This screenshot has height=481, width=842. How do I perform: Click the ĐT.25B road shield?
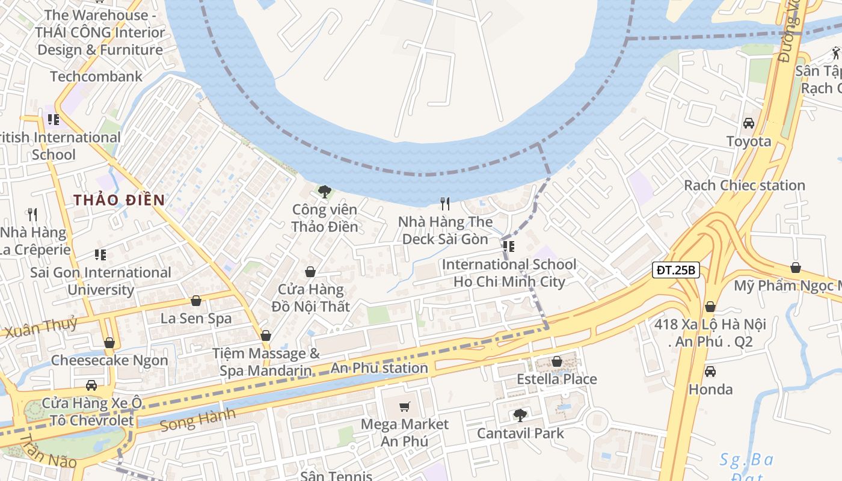coord(675,270)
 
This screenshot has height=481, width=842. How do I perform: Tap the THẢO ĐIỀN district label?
coord(119,200)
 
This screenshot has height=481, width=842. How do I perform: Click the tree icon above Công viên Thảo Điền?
coord(325,192)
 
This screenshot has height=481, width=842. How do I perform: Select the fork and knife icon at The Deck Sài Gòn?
coord(445,204)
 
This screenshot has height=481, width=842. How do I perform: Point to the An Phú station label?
coord(380,368)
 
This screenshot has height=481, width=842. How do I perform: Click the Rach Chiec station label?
coord(744,185)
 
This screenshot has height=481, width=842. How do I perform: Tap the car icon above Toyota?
coord(749,123)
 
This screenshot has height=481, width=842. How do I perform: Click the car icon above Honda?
coord(710,371)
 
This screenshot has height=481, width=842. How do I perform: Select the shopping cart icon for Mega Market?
coord(405,407)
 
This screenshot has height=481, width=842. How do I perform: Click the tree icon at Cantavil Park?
coord(520,415)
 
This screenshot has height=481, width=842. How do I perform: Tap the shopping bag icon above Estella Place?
coord(557,361)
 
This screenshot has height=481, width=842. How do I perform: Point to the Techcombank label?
coord(96,76)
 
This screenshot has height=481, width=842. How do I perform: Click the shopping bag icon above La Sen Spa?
coord(195,301)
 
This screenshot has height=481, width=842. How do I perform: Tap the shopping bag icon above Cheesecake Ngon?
coord(109,343)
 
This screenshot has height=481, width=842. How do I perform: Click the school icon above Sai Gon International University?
coord(100,255)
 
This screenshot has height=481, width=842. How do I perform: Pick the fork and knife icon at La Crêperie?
coord(32,213)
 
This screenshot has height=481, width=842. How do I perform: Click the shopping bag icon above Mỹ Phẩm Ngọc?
coord(795,268)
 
